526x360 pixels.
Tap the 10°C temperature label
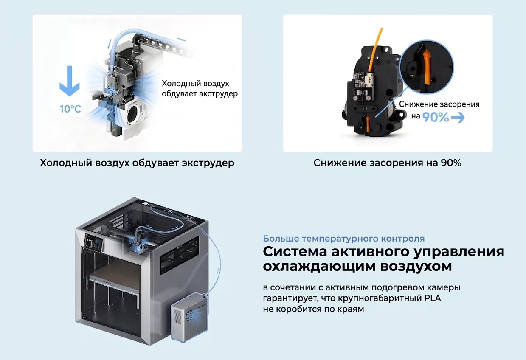[70, 109]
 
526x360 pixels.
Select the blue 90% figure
[435, 117]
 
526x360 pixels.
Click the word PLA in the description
[433, 298]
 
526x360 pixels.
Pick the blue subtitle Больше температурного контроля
[343, 239]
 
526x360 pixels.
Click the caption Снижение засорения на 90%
[387, 163]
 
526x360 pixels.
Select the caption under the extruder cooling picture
[137, 163]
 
